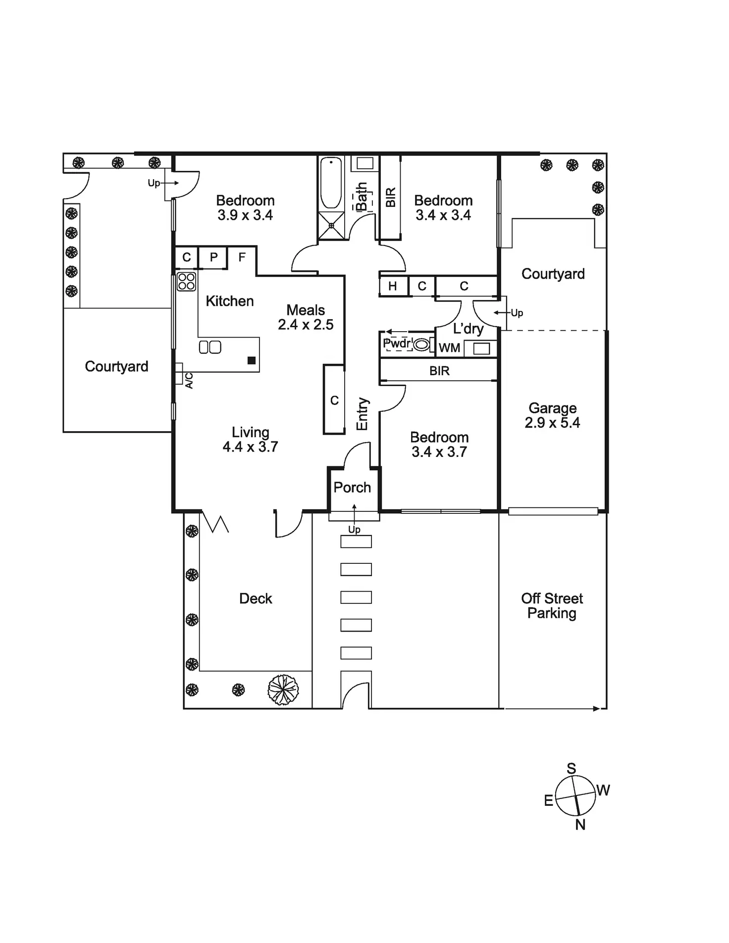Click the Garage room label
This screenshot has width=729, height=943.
pos(552,408)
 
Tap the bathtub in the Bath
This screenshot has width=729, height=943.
pos(331,183)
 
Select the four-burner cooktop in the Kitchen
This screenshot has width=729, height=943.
pos(187,282)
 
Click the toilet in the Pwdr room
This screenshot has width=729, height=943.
pos(421,344)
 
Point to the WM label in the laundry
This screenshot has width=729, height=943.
pos(449,348)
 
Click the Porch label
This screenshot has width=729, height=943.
pos(352,488)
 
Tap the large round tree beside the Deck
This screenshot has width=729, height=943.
pos(283,690)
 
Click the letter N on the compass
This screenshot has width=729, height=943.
pos(580,825)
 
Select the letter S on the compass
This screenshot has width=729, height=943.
pos(572,768)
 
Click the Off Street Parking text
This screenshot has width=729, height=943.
pos(552,606)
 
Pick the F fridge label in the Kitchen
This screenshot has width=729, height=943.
pos(242,257)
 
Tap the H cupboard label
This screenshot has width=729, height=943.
pos(393,286)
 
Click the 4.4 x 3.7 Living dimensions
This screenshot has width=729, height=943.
pos(251,447)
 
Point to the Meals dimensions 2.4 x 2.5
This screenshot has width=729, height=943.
pos(306,325)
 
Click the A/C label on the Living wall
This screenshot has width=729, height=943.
pos(189,381)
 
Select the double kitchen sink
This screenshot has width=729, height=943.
pos(210,347)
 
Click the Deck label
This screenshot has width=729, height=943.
pos(256,599)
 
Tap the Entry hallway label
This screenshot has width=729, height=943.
pos(363,414)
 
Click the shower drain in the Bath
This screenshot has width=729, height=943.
pos(331,226)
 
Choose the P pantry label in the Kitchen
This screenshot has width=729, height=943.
pos(214,257)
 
